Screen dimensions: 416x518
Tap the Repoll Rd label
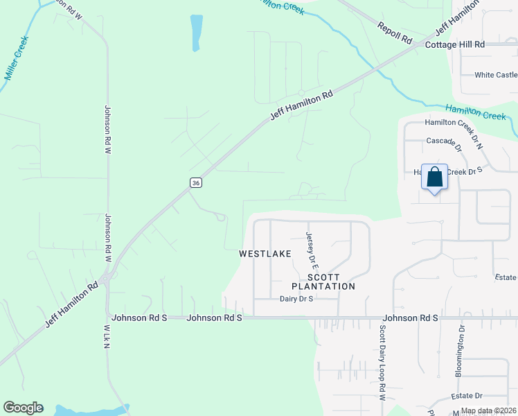click(x=395, y=33)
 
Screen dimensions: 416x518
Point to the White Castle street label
click(x=495, y=75)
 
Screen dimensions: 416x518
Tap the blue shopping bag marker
click(x=434, y=177)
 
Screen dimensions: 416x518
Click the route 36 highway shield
click(x=196, y=182)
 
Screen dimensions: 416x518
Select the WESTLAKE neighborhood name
click(x=265, y=254)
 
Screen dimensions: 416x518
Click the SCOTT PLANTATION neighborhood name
click(x=323, y=281)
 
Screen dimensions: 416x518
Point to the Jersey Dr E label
click(x=312, y=250)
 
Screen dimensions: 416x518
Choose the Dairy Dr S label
click(x=297, y=299)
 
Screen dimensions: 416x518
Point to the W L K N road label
click(x=107, y=336)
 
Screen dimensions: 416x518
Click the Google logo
click(x=23, y=408)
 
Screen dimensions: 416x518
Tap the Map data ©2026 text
click(x=488, y=410)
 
